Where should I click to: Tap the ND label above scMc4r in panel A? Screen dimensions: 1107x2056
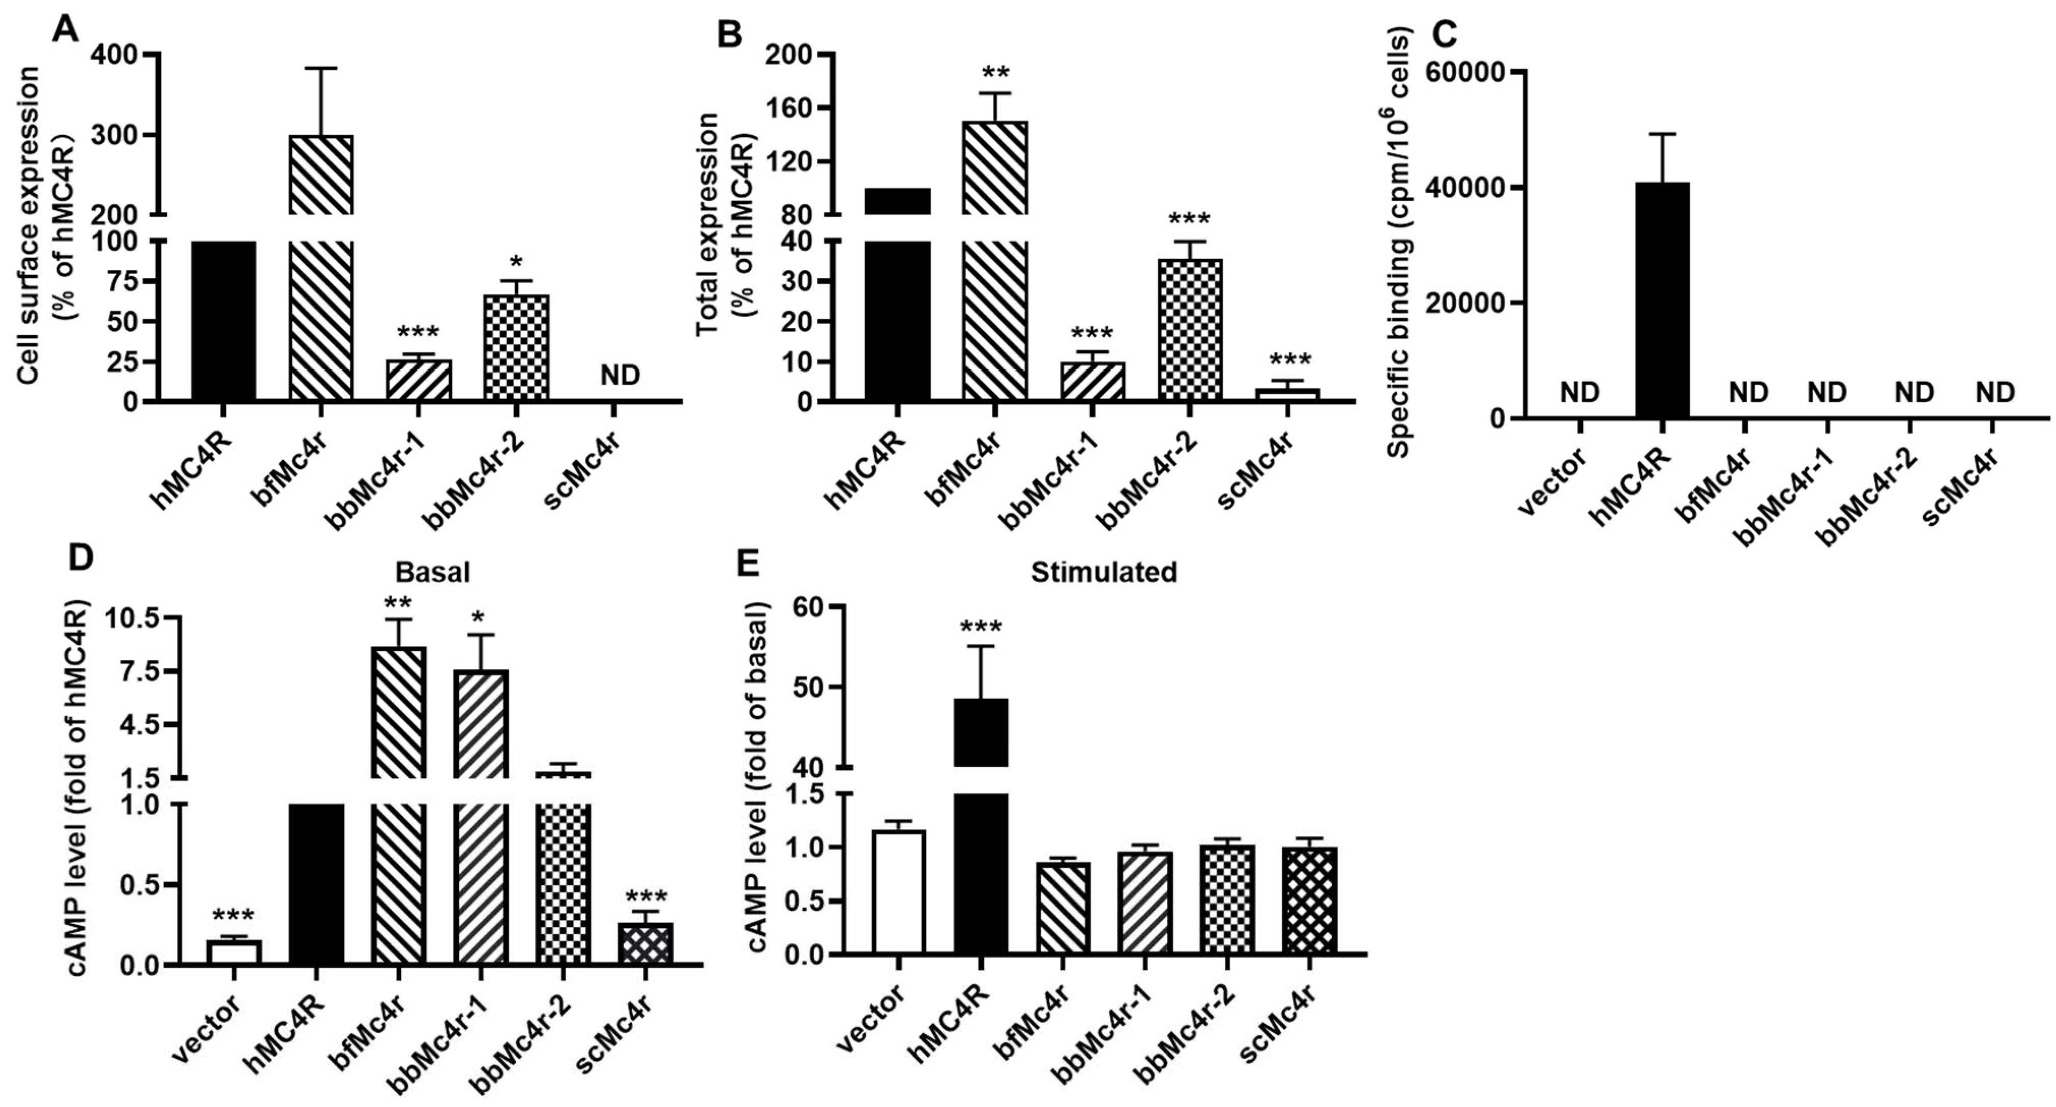(x=620, y=374)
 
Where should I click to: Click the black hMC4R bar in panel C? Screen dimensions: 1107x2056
(x=1662, y=300)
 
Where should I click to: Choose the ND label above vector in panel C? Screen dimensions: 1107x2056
(x=1579, y=392)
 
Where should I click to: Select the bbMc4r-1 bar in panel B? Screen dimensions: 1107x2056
(x=1093, y=381)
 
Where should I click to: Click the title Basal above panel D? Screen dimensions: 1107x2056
(x=432, y=572)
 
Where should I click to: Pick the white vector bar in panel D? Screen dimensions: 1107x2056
(x=234, y=952)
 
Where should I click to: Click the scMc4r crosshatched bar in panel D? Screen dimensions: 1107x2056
(x=645, y=944)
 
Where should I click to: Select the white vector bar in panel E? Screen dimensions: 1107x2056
(x=899, y=891)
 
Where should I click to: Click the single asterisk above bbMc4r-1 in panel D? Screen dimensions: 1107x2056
(x=481, y=617)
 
